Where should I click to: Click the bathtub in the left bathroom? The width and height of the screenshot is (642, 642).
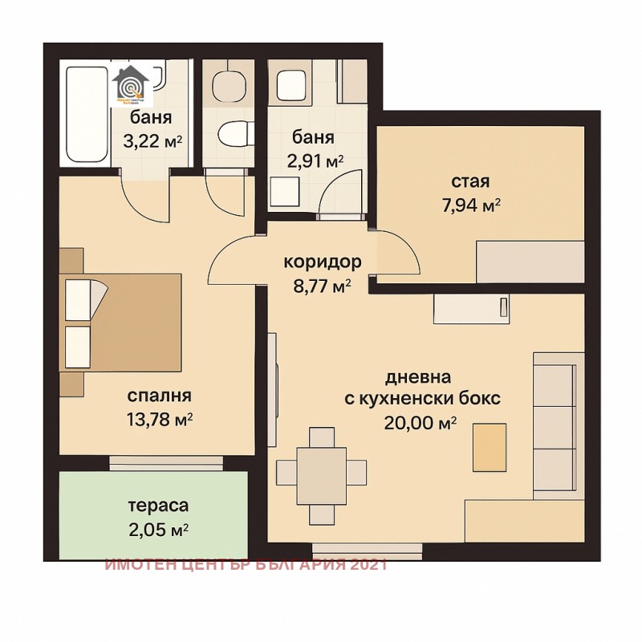click(x=85, y=116)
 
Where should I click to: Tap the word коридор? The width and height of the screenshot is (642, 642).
click(x=322, y=262)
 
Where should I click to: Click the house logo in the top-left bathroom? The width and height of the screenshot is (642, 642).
click(x=131, y=86)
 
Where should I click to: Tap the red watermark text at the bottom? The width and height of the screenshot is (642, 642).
click(x=246, y=564)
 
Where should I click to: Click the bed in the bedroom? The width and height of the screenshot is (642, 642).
click(x=120, y=322)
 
